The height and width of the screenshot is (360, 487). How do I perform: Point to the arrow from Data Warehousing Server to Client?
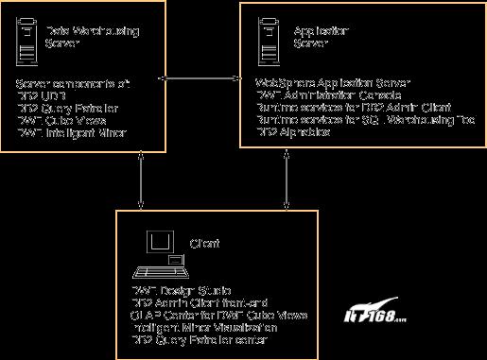click(x=141, y=180)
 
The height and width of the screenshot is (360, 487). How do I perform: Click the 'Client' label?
click(x=204, y=244)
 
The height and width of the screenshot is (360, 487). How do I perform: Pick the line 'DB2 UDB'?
click(x=42, y=96)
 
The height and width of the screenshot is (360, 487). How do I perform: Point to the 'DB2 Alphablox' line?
click(x=294, y=133)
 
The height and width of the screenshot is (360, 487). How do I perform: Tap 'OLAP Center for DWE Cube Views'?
click(x=218, y=314)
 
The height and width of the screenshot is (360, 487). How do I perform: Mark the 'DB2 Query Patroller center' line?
click(x=199, y=338)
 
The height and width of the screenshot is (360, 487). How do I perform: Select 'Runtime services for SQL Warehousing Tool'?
click(x=365, y=121)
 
